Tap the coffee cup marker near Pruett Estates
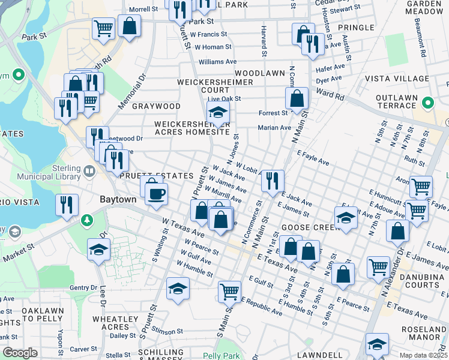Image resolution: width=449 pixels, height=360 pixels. tap(156, 194)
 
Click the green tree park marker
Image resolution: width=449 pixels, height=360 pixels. tap(88, 220)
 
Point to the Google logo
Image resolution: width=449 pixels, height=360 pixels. tap(20, 353)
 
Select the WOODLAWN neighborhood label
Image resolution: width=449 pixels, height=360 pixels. tap(264, 73)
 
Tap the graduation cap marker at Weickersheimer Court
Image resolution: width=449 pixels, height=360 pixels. tap(218, 112)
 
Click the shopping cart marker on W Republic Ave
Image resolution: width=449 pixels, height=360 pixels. tap(229, 292)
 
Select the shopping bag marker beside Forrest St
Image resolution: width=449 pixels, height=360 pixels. tap(297, 98)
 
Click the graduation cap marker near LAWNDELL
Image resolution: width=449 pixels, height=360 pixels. tap(376, 344)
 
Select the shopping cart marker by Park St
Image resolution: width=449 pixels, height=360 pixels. tap(103, 28)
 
